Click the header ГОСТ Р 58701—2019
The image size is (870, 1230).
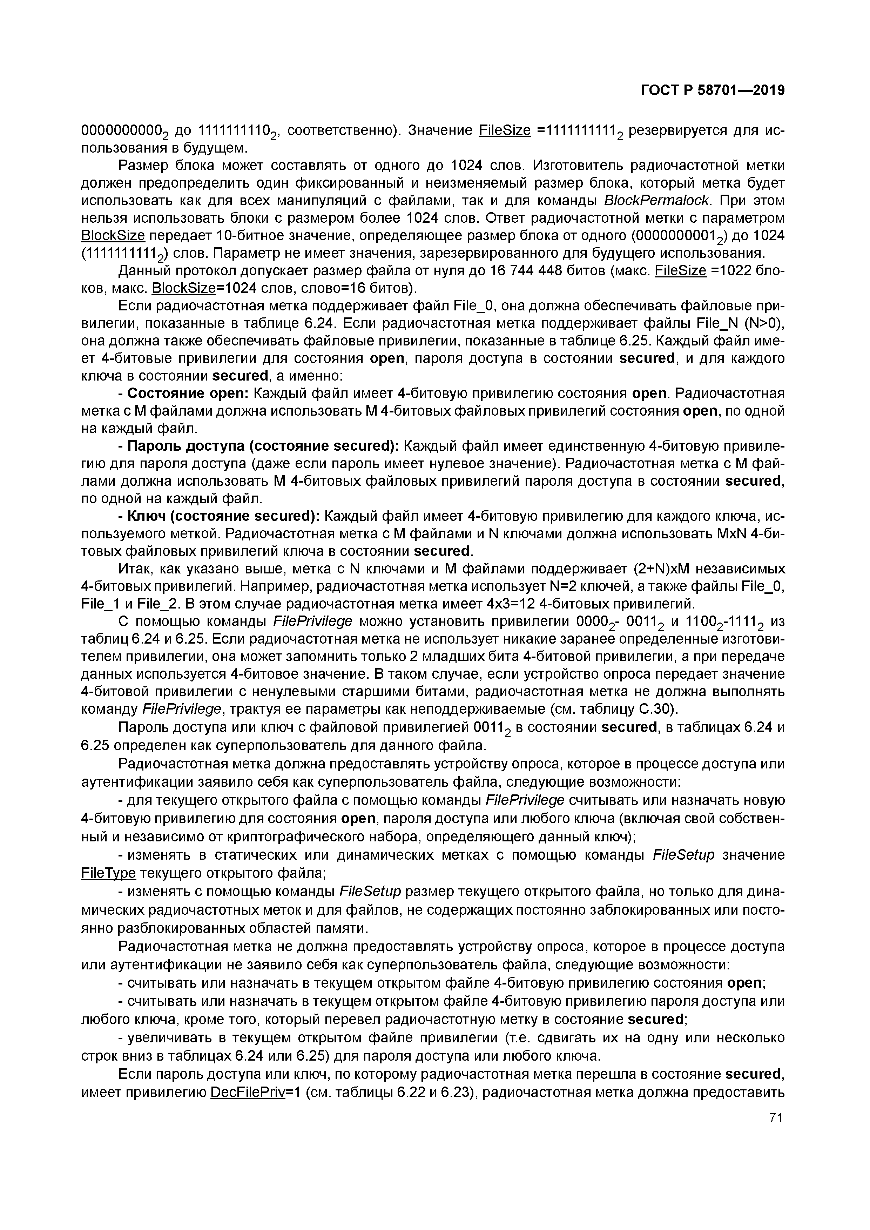(713, 90)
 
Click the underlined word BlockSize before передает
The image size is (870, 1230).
(113, 236)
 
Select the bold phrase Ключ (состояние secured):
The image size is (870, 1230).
(223, 516)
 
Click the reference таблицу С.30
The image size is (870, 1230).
(626, 709)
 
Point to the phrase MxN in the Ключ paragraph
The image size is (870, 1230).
(731, 534)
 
